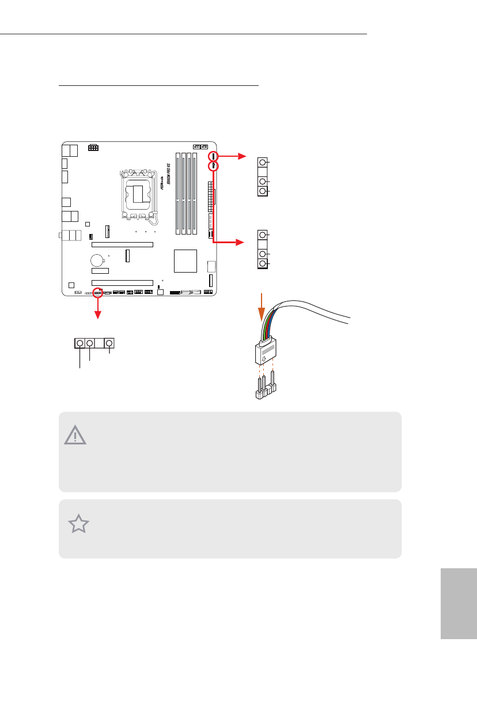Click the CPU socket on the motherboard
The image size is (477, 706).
(138, 194)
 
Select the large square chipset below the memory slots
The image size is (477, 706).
(185, 260)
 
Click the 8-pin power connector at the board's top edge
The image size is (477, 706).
(93, 147)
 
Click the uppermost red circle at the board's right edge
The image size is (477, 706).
(213, 156)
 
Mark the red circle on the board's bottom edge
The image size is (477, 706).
(98, 293)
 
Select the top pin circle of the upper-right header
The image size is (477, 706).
(263, 163)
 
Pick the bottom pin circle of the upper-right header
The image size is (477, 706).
(263, 191)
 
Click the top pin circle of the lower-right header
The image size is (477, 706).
(263, 235)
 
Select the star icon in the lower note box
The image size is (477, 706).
(79, 524)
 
